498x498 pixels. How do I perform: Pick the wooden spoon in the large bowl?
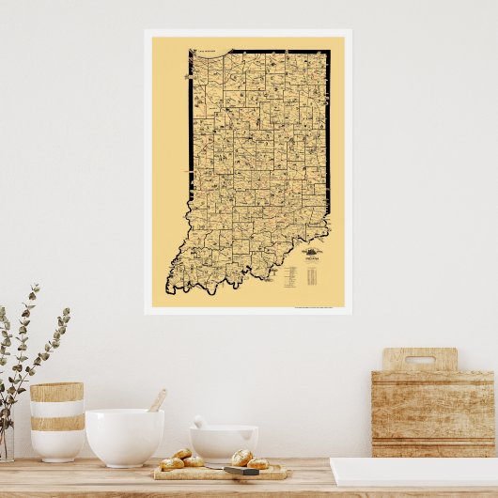click(156, 401)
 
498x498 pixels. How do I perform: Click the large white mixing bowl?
click(124, 436)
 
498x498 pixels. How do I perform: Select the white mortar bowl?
click(224, 444)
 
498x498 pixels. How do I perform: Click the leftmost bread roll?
click(172, 463)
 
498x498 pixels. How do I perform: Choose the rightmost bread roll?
click(257, 463)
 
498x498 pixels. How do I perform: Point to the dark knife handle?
click(241, 470)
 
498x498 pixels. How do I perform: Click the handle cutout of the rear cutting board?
click(419, 359)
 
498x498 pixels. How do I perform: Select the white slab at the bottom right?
click(413, 471)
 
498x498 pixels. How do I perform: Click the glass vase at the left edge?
click(6, 442)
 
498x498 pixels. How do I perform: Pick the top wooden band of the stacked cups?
click(56, 392)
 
